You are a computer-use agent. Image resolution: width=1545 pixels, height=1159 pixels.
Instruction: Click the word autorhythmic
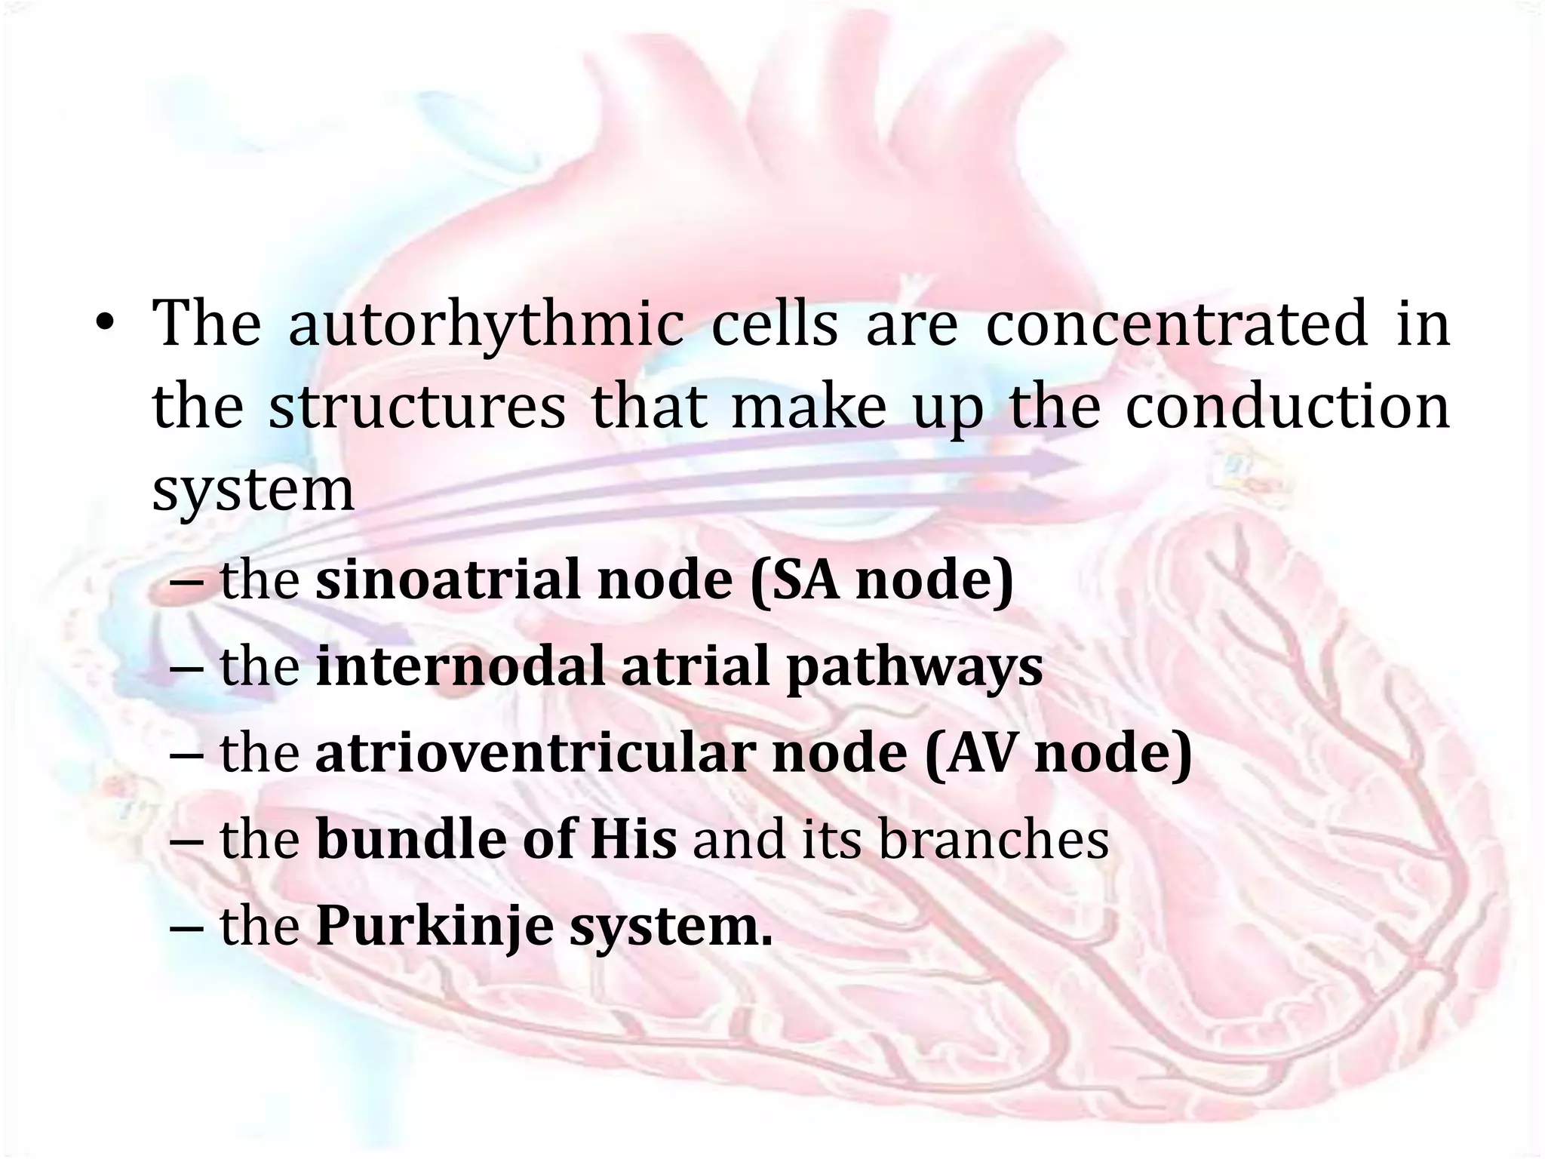[x=486, y=324]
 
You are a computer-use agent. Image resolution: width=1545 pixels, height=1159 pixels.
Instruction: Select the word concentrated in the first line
[x=1176, y=324]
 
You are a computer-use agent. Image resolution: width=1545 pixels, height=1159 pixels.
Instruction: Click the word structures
[x=416, y=407]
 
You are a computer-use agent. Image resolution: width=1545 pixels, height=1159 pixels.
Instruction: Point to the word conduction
[x=1287, y=407]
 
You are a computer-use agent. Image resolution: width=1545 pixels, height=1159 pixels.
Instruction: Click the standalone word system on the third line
[x=253, y=490]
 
